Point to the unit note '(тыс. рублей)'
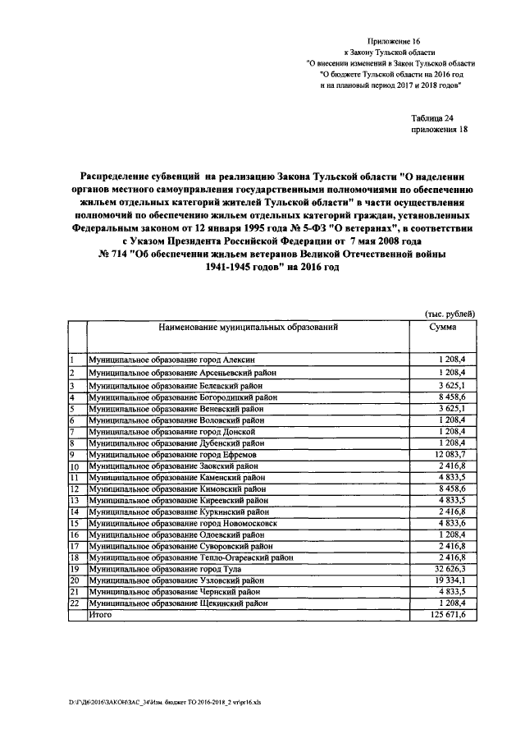click(x=450, y=314)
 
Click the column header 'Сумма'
click(x=443, y=327)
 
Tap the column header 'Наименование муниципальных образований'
click(x=244, y=327)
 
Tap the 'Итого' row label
click(x=99, y=615)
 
